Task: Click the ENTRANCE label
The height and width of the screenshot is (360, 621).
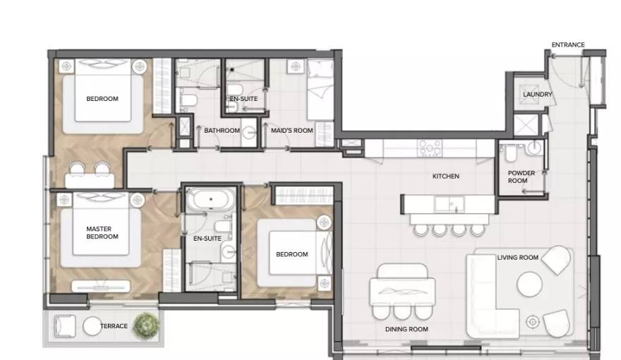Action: click(x=568, y=44)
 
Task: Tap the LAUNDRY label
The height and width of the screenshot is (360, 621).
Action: click(x=538, y=95)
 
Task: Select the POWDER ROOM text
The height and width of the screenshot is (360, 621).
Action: click(x=521, y=176)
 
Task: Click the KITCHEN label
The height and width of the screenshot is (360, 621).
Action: click(x=446, y=176)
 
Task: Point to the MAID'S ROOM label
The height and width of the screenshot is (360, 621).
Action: click(x=292, y=131)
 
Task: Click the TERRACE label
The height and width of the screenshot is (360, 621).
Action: click(x=114, y=326)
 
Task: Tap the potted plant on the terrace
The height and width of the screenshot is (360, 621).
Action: click(x=147, y=325)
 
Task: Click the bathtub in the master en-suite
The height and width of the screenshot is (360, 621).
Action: click(x=211, y=200)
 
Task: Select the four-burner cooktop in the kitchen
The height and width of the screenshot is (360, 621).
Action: click(x=430, y=148)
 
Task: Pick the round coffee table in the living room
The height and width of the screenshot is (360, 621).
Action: click(x=529, y=284)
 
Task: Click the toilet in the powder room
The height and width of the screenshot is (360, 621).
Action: click(x=510, y=152)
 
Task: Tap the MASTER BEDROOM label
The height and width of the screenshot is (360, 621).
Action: click(x=102, y=232)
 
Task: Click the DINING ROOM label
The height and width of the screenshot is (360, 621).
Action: click(x=406, y=329)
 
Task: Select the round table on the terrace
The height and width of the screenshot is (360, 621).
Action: click(x=92, y=326)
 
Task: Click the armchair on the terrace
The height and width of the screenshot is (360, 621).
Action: click(x=64, y=326)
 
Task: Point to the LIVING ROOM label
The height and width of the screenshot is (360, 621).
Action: click(x=518, y=258)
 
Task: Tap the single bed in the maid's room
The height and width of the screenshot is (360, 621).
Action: click(x=320, y=90)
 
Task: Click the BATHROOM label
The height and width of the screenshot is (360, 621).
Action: click(x=222, y=131)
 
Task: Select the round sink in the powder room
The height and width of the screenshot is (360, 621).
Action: click(x=534, y=148)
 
